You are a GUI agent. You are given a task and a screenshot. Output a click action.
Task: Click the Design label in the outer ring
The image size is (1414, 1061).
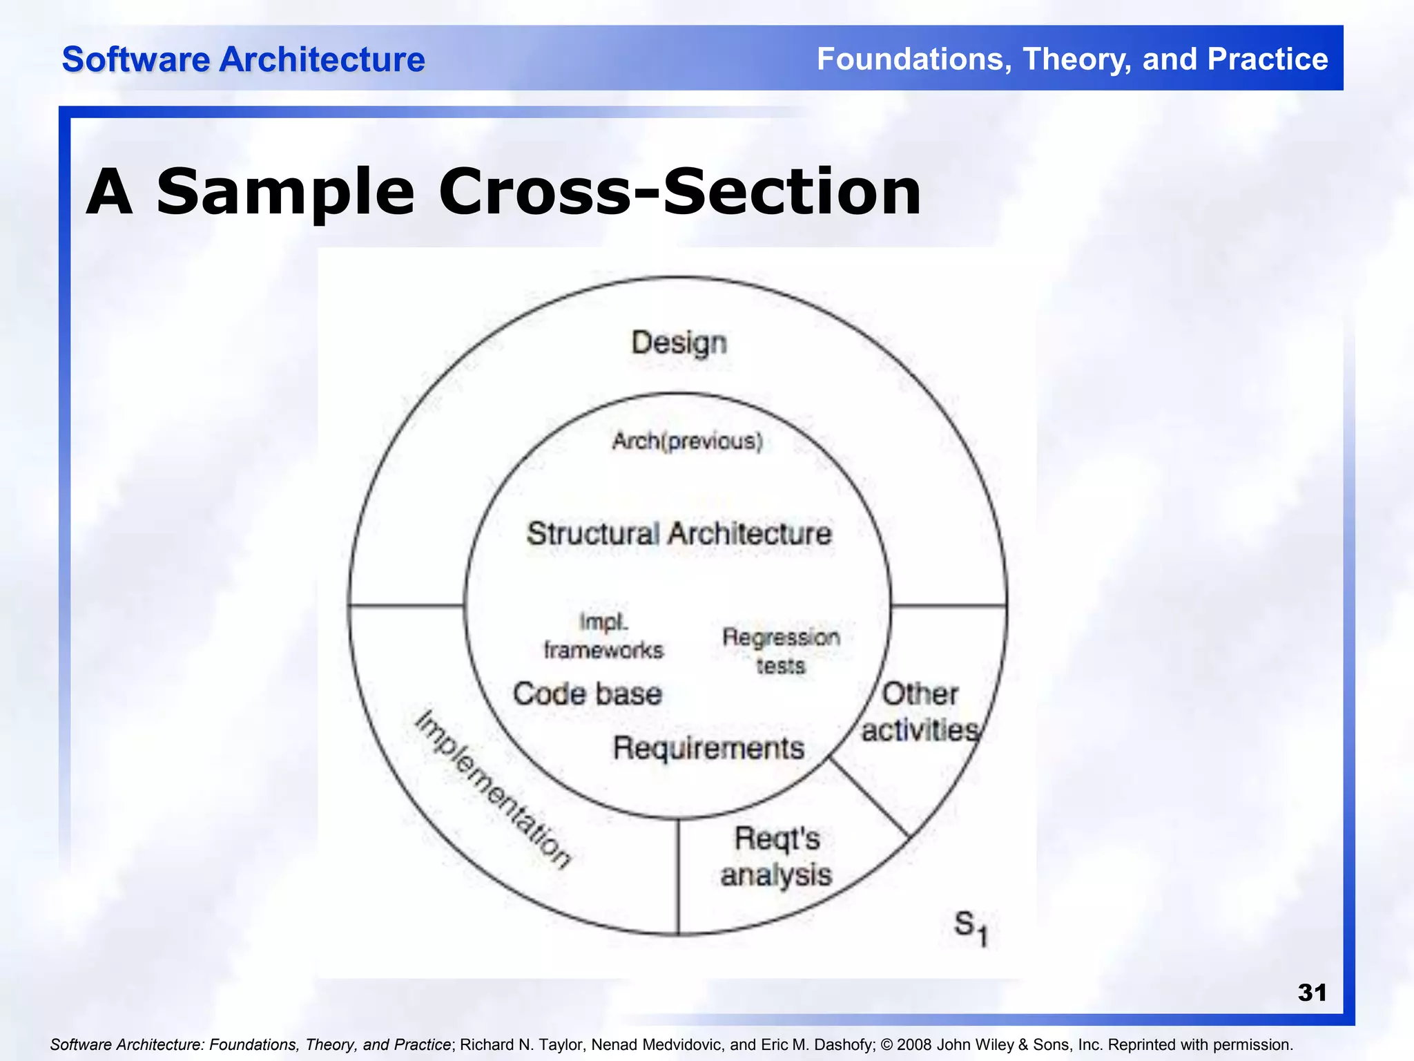tap(679, 343)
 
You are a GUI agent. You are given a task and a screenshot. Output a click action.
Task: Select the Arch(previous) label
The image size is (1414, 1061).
tap(687, 441)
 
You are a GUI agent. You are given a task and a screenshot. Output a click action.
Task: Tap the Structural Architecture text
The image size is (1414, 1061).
tap(679, 534)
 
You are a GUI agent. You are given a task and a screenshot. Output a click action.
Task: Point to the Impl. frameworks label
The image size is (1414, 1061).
tap(603, 636)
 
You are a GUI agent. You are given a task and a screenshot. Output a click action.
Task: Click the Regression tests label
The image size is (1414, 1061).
tap(781, 651)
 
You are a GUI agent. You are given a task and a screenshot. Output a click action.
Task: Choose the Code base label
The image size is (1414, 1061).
tap(588, 694)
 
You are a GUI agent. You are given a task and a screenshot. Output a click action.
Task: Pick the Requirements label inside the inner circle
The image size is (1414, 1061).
tap(708, 748)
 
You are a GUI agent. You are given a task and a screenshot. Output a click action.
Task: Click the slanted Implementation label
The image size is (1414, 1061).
tap(493, 789)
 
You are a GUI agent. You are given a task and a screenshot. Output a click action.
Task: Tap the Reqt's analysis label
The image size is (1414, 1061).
tap(776, 857)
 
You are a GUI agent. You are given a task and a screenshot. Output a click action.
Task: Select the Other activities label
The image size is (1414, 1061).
tap(920, 712)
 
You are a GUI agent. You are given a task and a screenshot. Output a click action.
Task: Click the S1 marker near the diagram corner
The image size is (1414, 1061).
tap(970, 927)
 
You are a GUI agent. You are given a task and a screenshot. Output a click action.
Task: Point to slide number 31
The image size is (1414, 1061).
tap(1312, 993)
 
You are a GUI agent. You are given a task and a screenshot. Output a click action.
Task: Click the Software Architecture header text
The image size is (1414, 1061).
tap(243, 59)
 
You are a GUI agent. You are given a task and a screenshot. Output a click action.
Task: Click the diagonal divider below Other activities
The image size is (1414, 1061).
tap(869, 797)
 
